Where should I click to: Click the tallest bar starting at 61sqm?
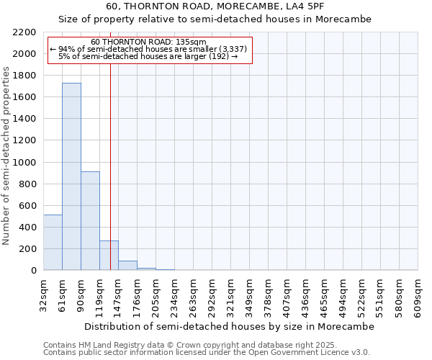tap(71, 176)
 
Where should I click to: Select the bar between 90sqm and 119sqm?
tap(90, 221)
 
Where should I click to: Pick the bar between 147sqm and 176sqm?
tap(127, 266)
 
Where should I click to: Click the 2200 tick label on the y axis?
tap(24, 32)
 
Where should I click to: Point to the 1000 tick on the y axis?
tap(24, 163)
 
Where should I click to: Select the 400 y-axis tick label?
tap(27, 228)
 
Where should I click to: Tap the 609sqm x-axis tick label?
tap(418, 294)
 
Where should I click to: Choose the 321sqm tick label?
tap(231, 294)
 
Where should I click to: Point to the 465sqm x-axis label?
tap(325, 294)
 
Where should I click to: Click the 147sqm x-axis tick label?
tap(119, 294)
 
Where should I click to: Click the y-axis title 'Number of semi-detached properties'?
tap(6, 156)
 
